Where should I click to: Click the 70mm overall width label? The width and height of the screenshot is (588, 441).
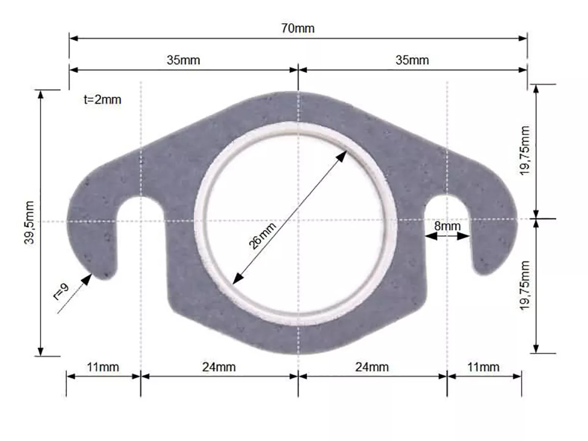pos(297,28)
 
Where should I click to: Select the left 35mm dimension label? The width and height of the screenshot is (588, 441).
pos(183,60)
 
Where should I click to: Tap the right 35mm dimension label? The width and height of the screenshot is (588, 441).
pos(412,60)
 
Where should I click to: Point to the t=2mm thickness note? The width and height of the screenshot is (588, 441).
pos(102,100)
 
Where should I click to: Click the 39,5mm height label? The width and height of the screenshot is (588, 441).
pos(29,223)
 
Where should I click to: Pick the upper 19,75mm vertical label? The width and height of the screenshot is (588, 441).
pos(524,151)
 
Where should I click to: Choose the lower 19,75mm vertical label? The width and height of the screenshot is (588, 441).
pos(524,285)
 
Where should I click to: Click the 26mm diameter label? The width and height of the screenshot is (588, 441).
pos(262,235)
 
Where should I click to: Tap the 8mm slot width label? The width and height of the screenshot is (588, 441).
pos(447,226)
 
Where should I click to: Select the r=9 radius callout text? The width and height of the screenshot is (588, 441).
pos(61,292)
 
